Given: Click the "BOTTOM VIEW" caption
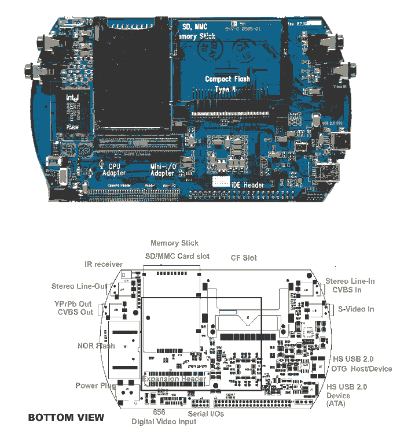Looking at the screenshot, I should point(66,417).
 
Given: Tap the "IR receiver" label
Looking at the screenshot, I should point(104,265).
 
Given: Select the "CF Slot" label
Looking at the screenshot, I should point(244,258).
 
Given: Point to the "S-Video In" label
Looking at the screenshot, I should point(356,309).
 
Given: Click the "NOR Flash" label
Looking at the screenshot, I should point(96,346).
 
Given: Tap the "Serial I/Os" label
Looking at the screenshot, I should point(206,414).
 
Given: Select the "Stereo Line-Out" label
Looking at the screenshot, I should point(79,286).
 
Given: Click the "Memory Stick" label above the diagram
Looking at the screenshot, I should point(174,243).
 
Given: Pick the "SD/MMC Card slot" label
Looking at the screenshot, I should point(177,256).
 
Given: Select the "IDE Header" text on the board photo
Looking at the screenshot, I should point(248,185).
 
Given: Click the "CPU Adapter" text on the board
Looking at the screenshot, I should point(114,169).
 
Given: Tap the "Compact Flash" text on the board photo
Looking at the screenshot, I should point(227,79).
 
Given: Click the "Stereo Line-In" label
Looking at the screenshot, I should point(350,281).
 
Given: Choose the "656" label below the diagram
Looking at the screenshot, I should point(159,413).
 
